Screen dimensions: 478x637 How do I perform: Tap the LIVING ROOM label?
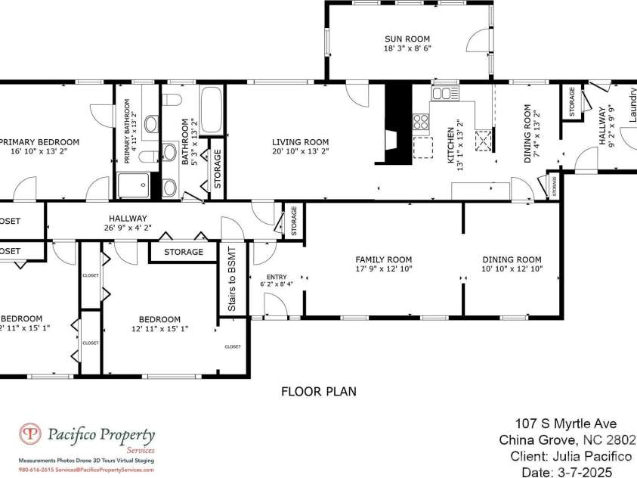[x=301, y=141]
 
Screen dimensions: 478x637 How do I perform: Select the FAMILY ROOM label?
[x=383, y=259]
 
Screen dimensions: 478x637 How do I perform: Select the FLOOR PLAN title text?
[x=318, y=392]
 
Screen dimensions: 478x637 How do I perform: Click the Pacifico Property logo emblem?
[x=29, y=436]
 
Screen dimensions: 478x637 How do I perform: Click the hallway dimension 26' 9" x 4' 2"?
[x=127, y=227]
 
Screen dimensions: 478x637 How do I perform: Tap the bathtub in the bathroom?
[x=210, y=110]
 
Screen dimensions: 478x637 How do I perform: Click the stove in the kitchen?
[x=421, y=120]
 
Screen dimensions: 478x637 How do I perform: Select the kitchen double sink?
[x=444, y=94]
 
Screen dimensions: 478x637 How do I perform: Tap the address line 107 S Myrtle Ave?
[x=566, y=424]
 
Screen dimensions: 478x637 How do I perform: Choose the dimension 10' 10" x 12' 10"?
[x=512, y=268]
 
